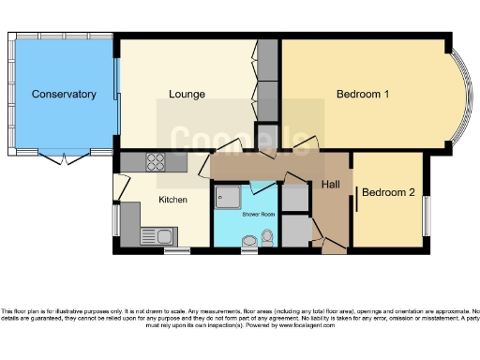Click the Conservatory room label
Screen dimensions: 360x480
pyautogui.click(x=64, y=95)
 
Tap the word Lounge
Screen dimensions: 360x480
pyautogui.click(x=187, y=95)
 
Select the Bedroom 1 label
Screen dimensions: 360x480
pyautogui.click(x=363, y=95)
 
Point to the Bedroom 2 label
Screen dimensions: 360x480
pyautogui.click(x=388, y=193)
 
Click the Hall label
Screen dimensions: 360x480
pyautogui.click(x=331, y=186)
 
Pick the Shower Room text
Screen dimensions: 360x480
pyautogui.click(x=258, y=215)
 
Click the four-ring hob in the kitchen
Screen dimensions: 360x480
pyautogui.click(x=155, y=161)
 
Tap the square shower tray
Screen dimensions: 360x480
pyautogui.click(x=228, y=198)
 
